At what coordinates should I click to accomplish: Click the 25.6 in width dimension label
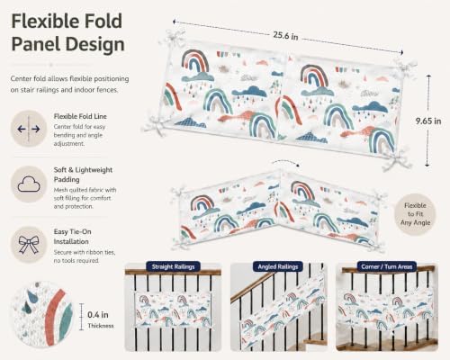285,36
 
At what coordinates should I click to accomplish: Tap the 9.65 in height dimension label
428,121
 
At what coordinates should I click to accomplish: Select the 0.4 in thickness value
98,315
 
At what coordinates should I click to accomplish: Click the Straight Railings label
173,266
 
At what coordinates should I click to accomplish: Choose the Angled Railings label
278,266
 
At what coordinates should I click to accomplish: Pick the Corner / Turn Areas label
387,266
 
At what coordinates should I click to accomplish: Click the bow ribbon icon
29,245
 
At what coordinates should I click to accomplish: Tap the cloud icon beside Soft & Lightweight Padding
29,184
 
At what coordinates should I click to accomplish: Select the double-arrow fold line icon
29,129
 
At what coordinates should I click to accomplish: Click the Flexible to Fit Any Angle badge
415,214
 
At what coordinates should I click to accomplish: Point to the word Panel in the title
36,44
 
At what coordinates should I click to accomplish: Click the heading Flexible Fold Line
80,116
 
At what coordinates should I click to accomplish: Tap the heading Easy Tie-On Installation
72,237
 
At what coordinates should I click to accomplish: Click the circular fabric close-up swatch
42,314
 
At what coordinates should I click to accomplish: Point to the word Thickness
101,326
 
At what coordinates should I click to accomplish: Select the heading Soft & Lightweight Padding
83,175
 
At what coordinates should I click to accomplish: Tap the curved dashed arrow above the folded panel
285,162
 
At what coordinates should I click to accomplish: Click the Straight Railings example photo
173,308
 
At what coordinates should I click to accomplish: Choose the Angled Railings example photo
279,308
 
